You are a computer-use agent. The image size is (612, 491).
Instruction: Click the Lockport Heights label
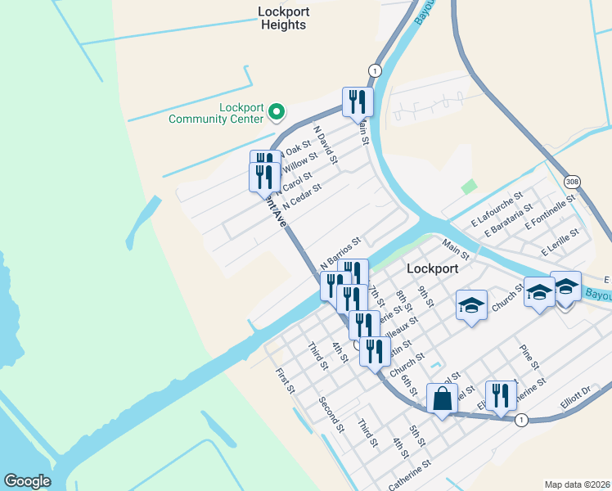click(283, 18)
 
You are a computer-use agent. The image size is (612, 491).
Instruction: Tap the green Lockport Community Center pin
click(277, 110)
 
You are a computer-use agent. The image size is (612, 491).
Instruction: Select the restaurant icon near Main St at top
click(358, 102)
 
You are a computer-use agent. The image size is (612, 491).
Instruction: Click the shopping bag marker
click(442, 400)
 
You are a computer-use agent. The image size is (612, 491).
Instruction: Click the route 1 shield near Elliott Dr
click(521, 420)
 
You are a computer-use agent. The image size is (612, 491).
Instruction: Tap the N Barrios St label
click(341, 253)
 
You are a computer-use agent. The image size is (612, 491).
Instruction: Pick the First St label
click(285, 381)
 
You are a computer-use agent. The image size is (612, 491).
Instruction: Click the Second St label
click(331, 414)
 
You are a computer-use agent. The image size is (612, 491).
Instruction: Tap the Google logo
click(27, 481)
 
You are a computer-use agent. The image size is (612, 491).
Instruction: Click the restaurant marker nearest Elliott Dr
click(501, 395)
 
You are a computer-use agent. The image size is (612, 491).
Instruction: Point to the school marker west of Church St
click(471, 305)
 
